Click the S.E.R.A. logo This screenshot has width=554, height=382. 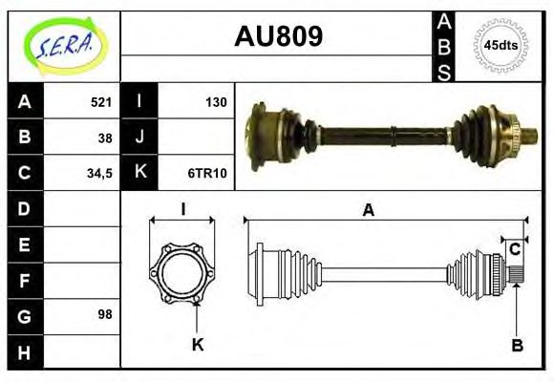[x=63, y=45]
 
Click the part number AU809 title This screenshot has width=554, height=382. [x=278, y=37]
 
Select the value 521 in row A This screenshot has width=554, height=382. [x=101, y=101]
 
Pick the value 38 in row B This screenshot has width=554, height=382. [x=105, y=137]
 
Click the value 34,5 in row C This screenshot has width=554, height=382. [x=99, y=173]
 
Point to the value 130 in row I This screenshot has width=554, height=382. [x=216, y=101]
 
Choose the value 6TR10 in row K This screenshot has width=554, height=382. [x=207, y=173]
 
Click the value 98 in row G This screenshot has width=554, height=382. [x=105, y=313]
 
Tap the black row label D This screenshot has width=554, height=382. [x=25, y=207]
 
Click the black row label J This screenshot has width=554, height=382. [x=139, y=137]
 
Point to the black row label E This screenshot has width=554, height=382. [x=25, y=244]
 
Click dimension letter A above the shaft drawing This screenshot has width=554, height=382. [x=368, y=211]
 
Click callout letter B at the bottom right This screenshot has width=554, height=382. [x=517, y=346]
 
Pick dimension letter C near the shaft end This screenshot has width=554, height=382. [x=514, y=249]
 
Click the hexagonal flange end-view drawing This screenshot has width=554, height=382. [x=181, y=273]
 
